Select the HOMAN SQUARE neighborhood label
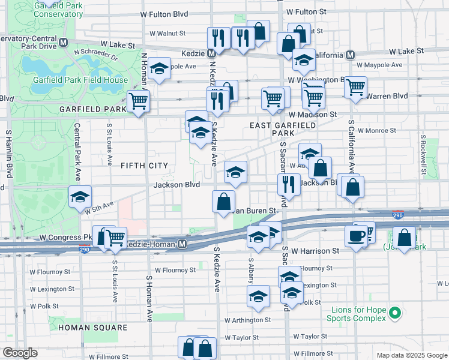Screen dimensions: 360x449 93,328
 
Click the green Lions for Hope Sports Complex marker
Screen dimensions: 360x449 394,313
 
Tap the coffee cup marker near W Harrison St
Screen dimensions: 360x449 355,235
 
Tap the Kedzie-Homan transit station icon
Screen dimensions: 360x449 182,244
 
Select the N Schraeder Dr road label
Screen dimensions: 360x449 96,55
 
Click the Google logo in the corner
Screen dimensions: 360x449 20,353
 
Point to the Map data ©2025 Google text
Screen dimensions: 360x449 411,355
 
